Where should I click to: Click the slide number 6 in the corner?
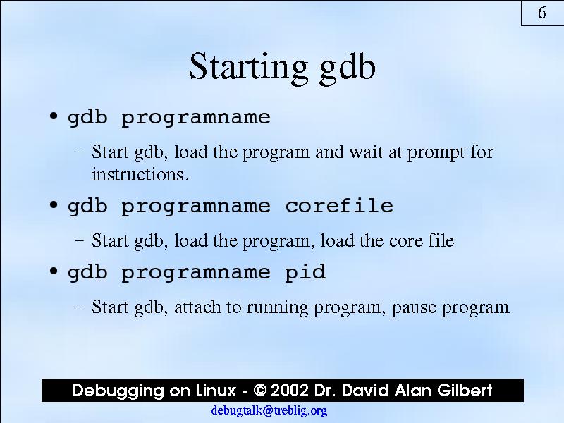click(542, 13)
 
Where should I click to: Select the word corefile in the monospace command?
click(339, 206)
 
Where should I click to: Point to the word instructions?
click(140, 174)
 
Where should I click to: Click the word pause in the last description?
click(413, 309)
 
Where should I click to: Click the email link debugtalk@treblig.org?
click(269, 410)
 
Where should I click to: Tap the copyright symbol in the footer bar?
click(260, 391)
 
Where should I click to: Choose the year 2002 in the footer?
click(290, 391)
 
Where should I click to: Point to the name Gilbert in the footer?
click(465, 391)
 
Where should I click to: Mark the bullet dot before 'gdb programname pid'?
click(54, 271)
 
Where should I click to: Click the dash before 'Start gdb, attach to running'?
click(80, 307)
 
